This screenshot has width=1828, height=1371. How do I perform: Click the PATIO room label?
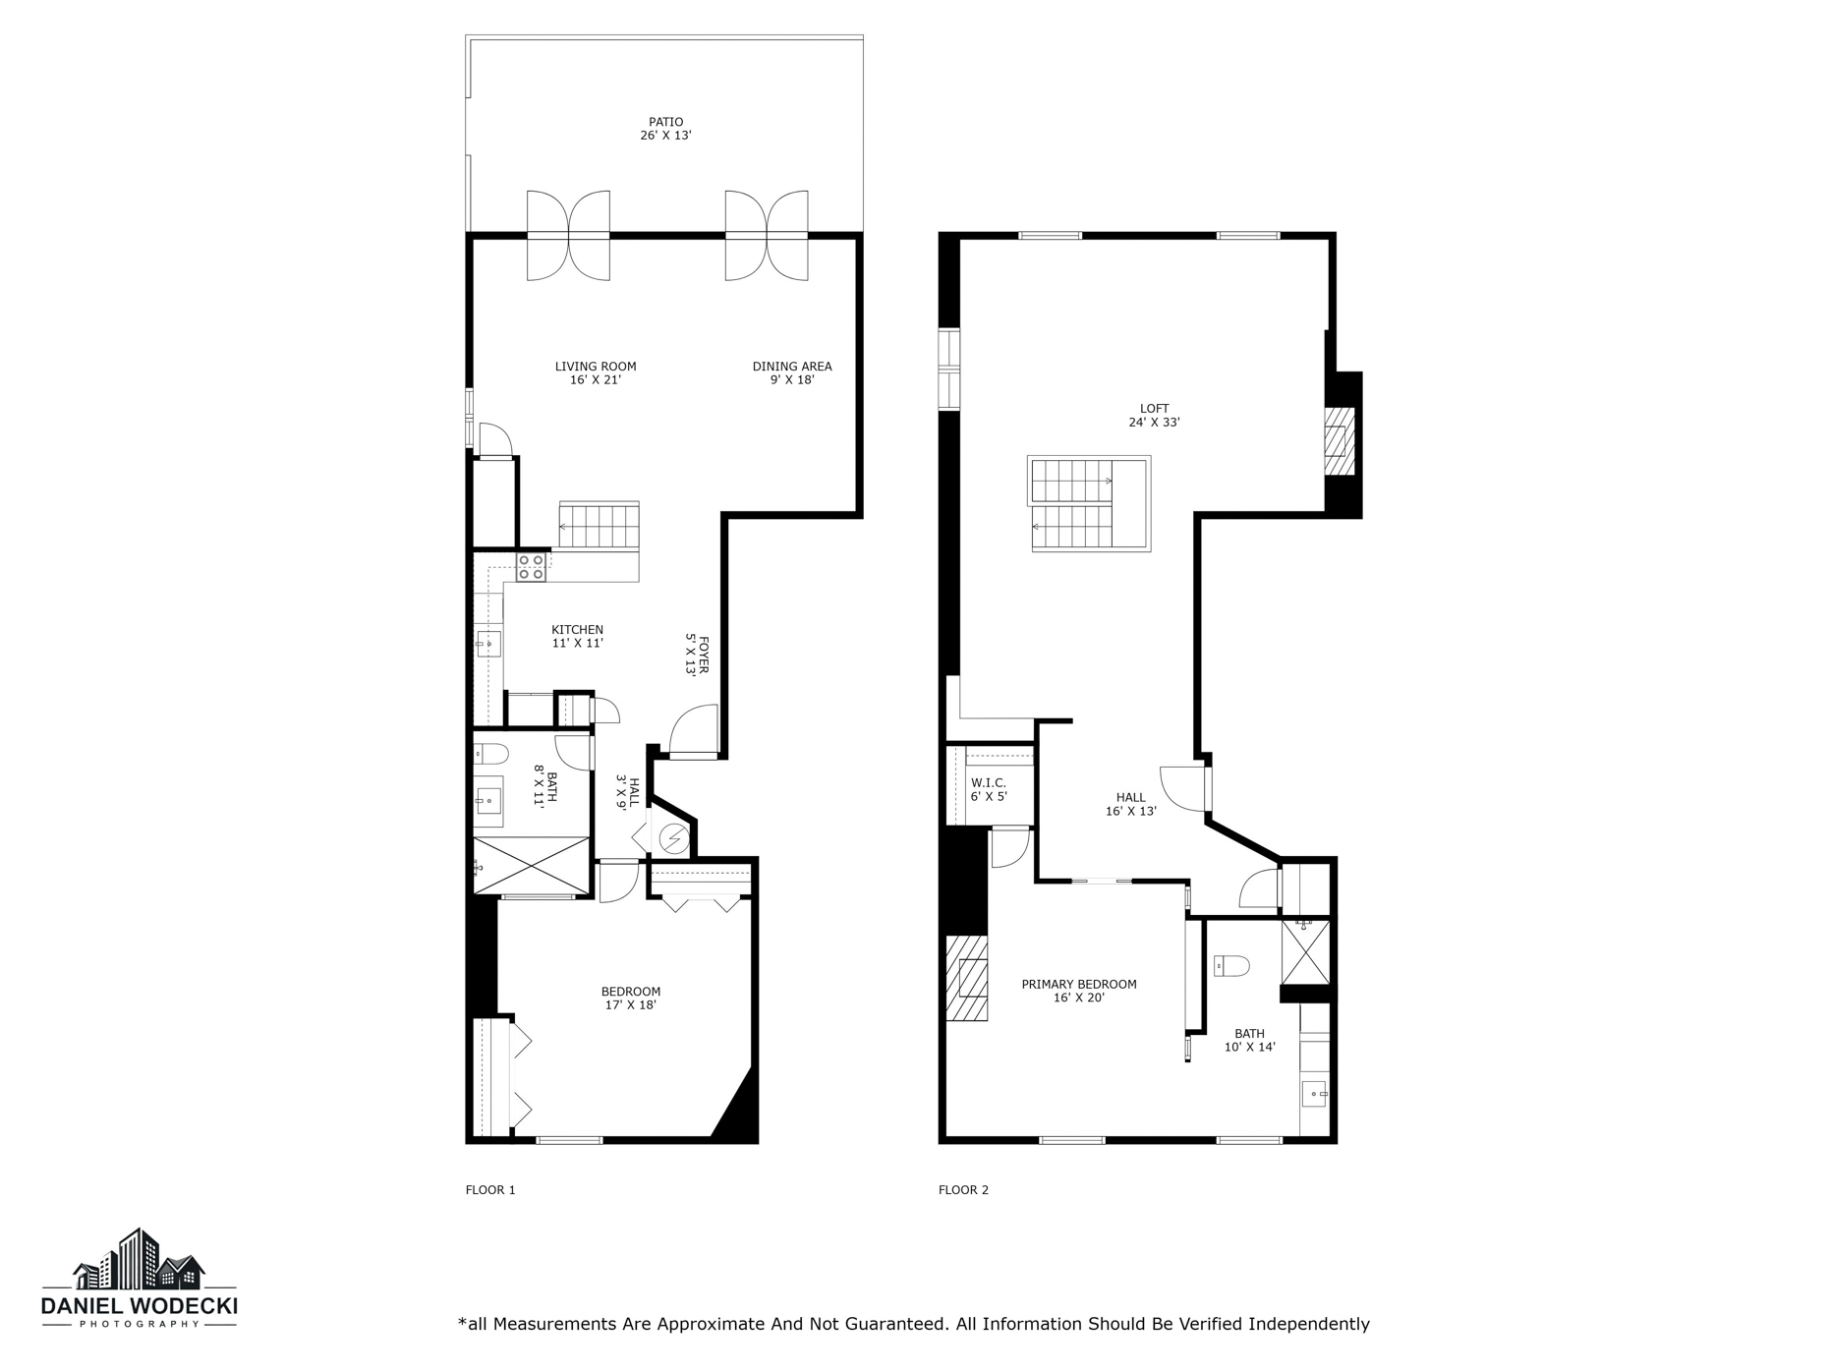click(665, 129)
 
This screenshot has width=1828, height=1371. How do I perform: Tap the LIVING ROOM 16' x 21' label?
click(596, 372)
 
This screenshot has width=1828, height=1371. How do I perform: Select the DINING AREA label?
click(792, 372)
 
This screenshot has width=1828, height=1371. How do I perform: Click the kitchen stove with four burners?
click(532, 567)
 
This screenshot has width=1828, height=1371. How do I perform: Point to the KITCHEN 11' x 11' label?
click(577, 636)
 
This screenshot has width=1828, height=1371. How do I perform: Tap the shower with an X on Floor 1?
click(532, 866)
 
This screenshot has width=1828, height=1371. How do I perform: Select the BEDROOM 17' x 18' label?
click(630, 998)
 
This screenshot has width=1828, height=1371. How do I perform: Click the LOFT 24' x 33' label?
click(1154, 415)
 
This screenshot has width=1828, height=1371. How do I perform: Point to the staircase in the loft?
click(1088, 503)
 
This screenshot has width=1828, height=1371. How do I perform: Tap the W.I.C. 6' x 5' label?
click(988, 789)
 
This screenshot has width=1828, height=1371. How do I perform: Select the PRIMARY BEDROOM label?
click(1078, 990)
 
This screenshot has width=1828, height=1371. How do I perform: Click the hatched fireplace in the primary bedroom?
click(967, 978)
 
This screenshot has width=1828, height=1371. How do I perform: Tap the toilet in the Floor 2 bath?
click(1231, 966)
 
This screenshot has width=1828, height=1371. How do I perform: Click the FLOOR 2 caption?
click(963, 1190)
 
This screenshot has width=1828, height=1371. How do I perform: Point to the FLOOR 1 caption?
click(489, 1190)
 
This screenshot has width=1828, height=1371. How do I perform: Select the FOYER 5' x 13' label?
click(697, 656)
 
